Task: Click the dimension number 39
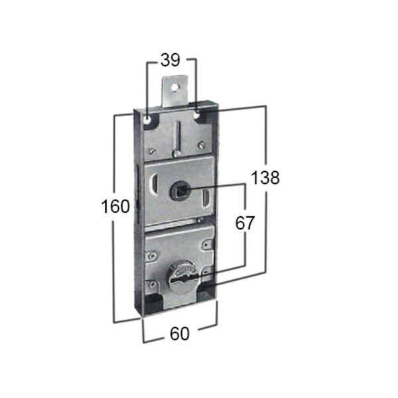pyautogui.click(x=171, y=60)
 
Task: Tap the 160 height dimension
pyautogui.click(x=115, y=207)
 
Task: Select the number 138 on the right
pyautogui.click(x=265, y=177)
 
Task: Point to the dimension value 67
pyautogui.click(x=245, y=223)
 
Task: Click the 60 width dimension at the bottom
pyautogui.click(x=179, y=334)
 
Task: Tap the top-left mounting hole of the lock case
pyautogui.click(x=146, y=119)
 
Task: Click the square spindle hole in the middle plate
pyautogui.click(x=179, y=192)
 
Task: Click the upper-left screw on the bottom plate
pyautogui.click(x=153, y=253)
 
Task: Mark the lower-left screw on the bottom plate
pyautogui.click(x=153, y=285)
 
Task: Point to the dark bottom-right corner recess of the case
pyautogui.click(x=207, y=297)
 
